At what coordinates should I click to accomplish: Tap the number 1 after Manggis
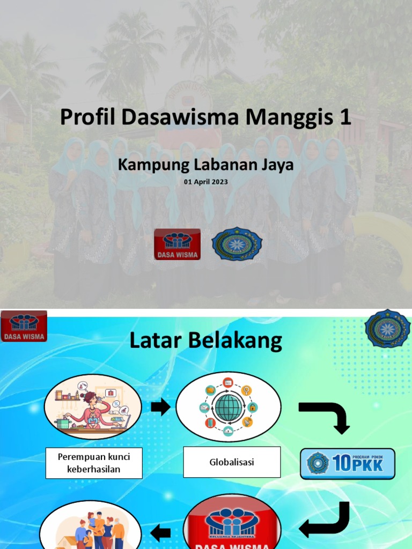[x=344, y=117]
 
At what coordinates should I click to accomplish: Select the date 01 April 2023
[x=206, y=182]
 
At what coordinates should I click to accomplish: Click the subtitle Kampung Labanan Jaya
[x=206, y=165]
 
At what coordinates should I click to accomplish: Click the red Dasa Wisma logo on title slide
[x=177, y=244]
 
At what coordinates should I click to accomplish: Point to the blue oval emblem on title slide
[x=237, y=244]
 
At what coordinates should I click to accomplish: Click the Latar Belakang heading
[x=206, y=341]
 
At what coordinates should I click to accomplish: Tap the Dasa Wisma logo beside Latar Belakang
[x=24, y=327]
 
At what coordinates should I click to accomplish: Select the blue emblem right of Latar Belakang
[x=388, y=328]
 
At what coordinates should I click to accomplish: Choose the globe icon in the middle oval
[x=229, y=407]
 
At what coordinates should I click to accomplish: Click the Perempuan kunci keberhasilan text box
[x=94, y=463]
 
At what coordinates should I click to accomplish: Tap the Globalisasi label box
[x=232, y=462]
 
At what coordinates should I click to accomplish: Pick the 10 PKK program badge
[x=348, y=464]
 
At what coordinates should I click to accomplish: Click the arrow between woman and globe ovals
[x=160, y=407]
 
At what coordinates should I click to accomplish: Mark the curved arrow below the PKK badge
[x=326, y=520]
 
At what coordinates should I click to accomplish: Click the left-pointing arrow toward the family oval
[x=160, y=533]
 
